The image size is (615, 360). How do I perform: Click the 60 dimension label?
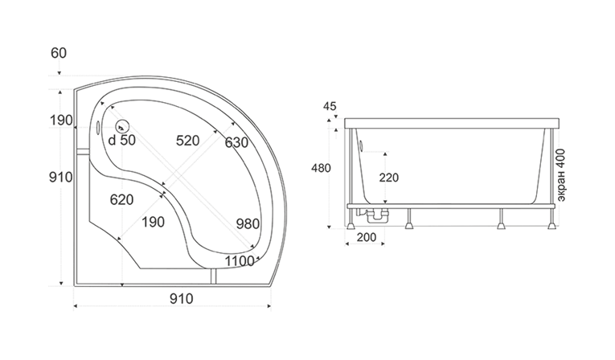59,53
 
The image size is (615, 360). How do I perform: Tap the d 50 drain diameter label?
121,140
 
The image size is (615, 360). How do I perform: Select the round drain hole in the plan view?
122,126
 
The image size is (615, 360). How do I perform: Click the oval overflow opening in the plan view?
98,127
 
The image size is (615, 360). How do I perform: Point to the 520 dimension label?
187,141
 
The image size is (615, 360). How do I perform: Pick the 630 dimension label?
236,143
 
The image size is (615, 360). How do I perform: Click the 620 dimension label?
121,200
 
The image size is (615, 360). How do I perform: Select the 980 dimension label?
248,224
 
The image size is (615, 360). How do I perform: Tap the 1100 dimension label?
240,261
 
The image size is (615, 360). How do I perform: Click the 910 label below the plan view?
182,299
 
